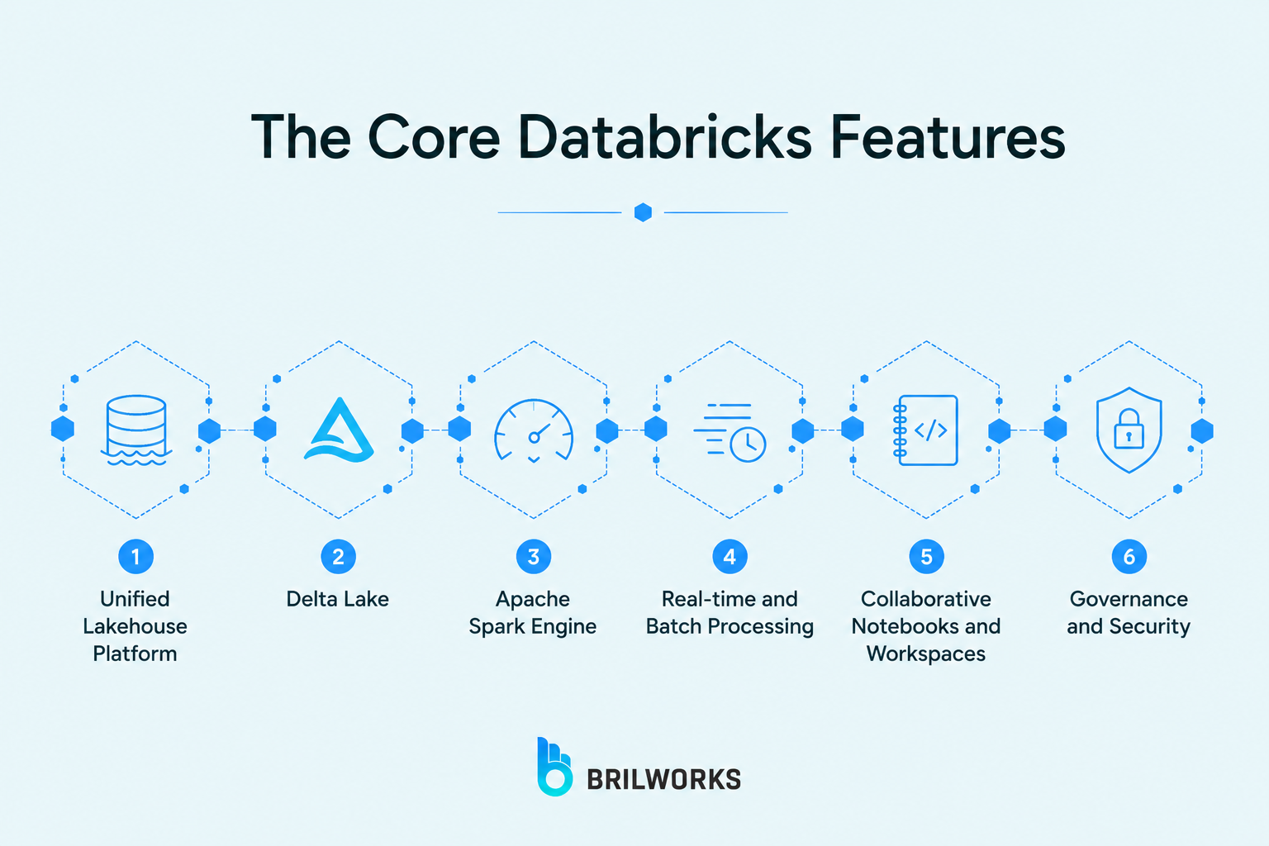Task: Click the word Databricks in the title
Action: (x=665, y=137)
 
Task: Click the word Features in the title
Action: (x=948, y=137)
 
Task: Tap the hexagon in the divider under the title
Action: (x=643, y=212)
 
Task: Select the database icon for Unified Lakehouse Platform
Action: (x=136, y=430)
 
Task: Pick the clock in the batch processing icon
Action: (x=748, y=444)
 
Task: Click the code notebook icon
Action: (x=925, y=430)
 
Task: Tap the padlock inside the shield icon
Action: (x=1129, y=429)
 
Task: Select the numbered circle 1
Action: (x=136, y=557)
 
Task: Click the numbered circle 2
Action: (x=338, y=557)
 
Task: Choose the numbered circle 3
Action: (x=534, y=557)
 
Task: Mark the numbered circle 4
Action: (x=730, y=557)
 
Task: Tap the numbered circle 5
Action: (x=926, y=557)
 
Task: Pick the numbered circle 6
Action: (x=1129, y=557)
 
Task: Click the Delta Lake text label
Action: (x=338, y=599)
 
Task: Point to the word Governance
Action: (x=1129, y=599)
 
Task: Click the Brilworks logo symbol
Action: (x=554, y=767)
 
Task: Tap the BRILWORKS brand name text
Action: (x=664, y=780)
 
